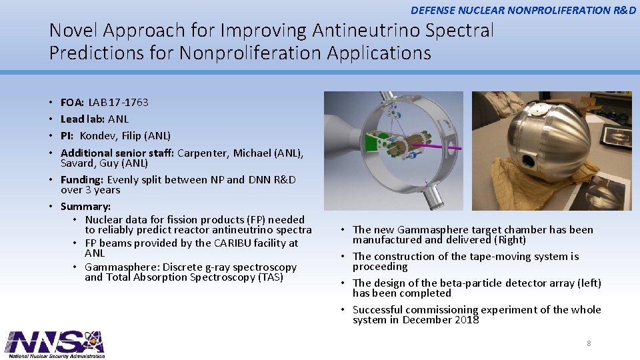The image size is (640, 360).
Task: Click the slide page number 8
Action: click(589, 343)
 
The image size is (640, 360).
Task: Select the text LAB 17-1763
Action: click(118, 102)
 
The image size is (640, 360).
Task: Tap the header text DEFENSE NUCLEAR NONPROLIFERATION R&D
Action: click(523, 10)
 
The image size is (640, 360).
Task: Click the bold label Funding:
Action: click(82, 179)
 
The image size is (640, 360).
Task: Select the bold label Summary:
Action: click(85, 206)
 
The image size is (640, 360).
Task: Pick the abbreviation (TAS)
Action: click(270, 277)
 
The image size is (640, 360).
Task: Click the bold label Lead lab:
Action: click(83, 119)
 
